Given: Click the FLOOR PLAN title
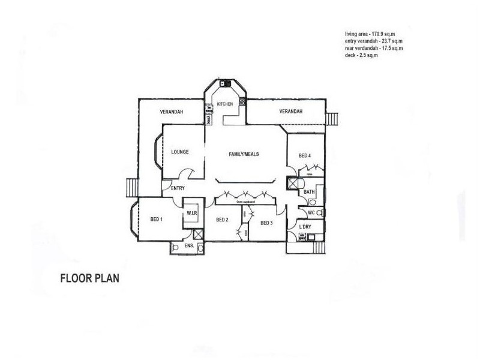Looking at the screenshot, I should point(90,278).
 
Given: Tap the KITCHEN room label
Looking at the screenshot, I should point(225,104).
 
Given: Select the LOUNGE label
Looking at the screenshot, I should point(180,152).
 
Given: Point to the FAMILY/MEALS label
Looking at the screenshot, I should point(244,154).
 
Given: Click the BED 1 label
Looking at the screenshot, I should point(157,220).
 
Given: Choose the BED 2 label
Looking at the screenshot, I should point(222,220).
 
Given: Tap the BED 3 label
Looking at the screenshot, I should point(267,223).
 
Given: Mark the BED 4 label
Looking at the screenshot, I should point(305,156).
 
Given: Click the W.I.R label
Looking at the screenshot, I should point(192,213).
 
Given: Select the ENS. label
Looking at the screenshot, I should point(188,245).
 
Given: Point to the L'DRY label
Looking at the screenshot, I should point(305,227).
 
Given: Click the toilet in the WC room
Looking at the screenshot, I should point(319,213).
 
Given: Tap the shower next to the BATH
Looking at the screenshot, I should point(293,184).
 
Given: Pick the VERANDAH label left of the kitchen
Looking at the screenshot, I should point(172,112).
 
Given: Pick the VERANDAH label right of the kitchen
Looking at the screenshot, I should point(291,112).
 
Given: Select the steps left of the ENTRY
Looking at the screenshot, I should point(131,188).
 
